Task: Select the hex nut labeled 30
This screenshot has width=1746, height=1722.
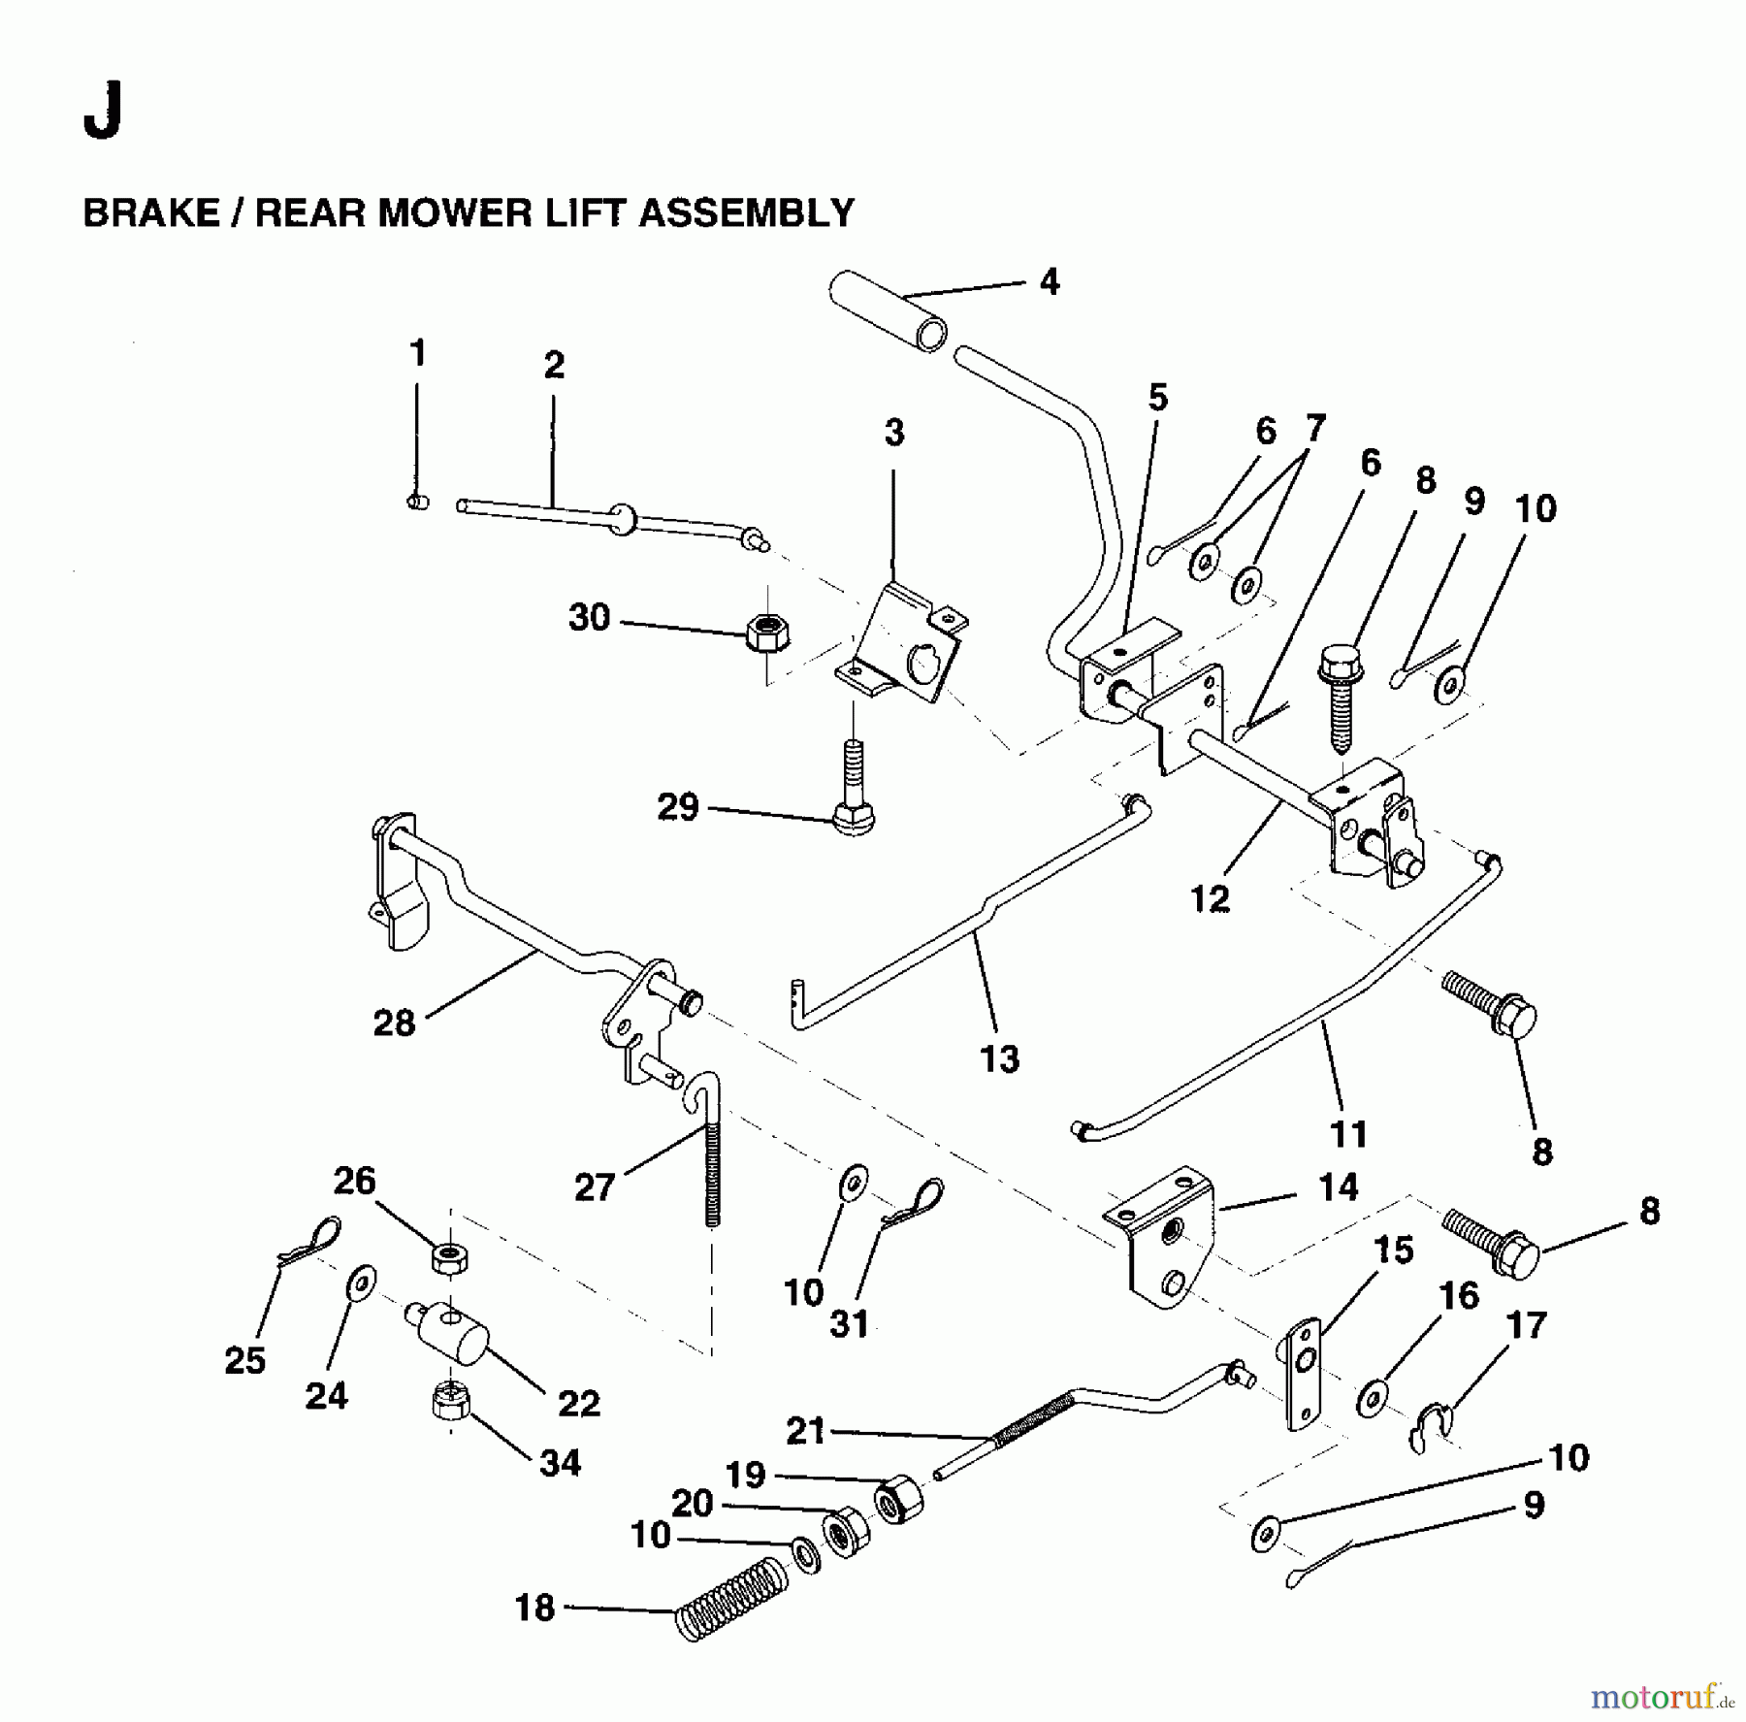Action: [x=767, y=634]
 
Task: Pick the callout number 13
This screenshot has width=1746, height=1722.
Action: [x=999, y=1058]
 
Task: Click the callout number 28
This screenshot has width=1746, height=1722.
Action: [x=394, y=1023]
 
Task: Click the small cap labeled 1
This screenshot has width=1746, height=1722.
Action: [x=417, y=502]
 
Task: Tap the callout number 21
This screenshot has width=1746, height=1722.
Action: [x=804, y=1431]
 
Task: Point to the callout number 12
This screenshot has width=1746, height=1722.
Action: [x=1210, y=899]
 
